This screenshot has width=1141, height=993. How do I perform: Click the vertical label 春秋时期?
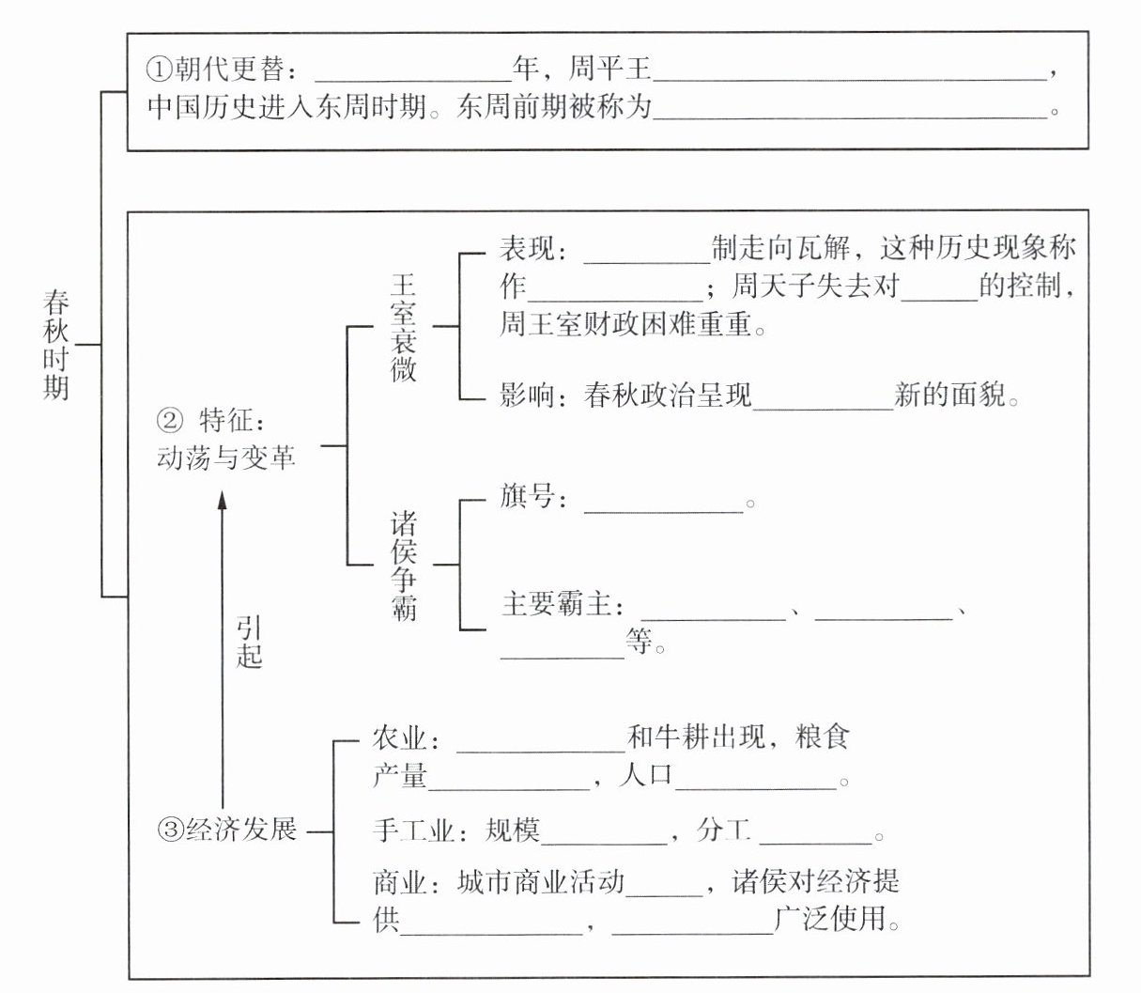(56, 345)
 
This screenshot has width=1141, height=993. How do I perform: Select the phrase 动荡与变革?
(225, 458)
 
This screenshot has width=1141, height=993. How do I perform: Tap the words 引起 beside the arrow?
(249, 643)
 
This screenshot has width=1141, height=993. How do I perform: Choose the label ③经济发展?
(228, 830)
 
